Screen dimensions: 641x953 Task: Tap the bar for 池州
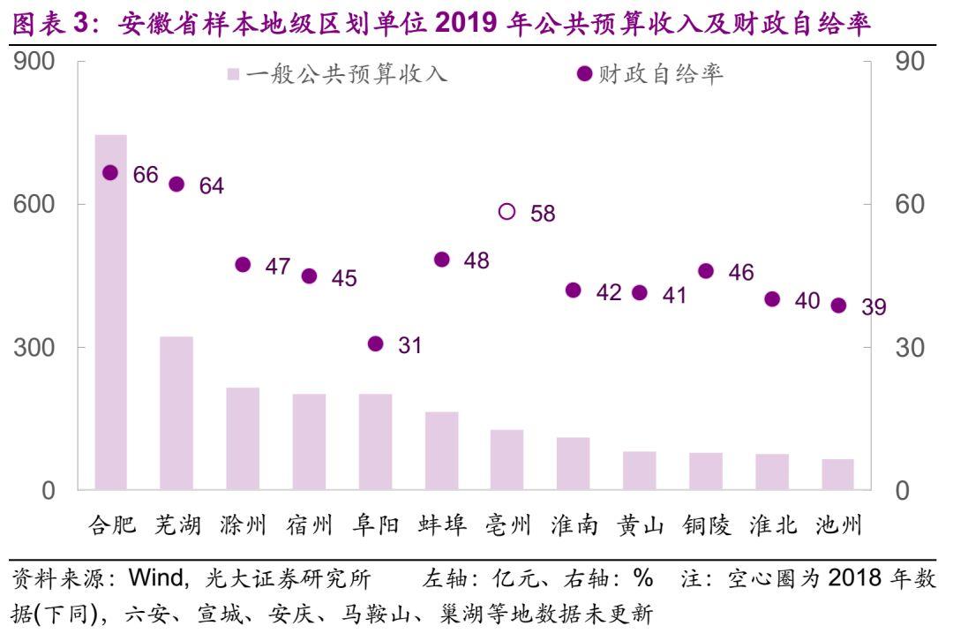point(838,474)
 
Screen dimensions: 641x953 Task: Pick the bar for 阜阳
point(375,441)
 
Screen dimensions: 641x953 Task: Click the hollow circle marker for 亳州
point(507,211)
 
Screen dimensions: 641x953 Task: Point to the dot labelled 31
point(375,343)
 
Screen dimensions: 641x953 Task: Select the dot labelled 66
point(110,173)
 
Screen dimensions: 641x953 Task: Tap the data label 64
point(212,185)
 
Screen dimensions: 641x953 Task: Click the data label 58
point(543,214)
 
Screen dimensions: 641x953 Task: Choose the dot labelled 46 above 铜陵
point(706,271)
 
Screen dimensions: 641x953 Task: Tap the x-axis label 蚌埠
point(442,525)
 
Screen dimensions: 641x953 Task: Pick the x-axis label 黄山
point(641,525)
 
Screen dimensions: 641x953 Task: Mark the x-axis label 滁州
point(244,525)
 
